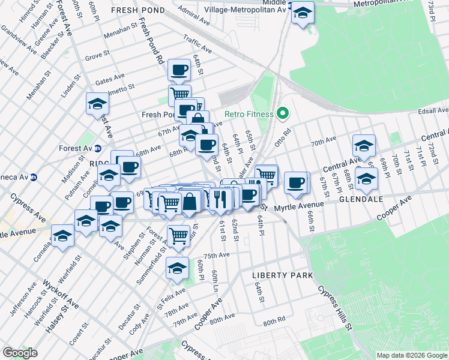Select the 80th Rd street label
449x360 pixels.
pos(273,322)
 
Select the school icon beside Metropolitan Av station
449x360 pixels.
pos(303,12)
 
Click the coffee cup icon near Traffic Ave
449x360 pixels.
pos(179,70)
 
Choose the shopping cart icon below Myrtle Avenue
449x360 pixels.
pos(178,236)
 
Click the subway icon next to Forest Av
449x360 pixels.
pos(98,148)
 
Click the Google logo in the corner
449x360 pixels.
pos(20,353)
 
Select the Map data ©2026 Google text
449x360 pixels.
pos(412,355)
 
